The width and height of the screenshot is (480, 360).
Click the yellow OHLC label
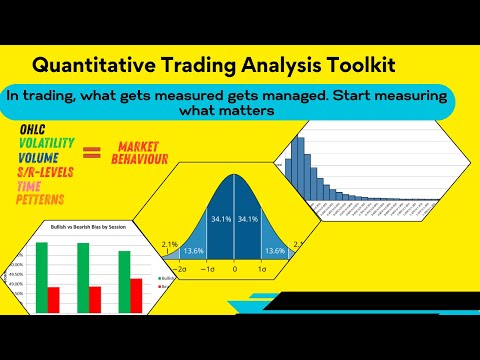34,130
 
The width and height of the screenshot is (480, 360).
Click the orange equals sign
92,153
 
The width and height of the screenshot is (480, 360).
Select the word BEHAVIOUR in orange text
140,160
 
